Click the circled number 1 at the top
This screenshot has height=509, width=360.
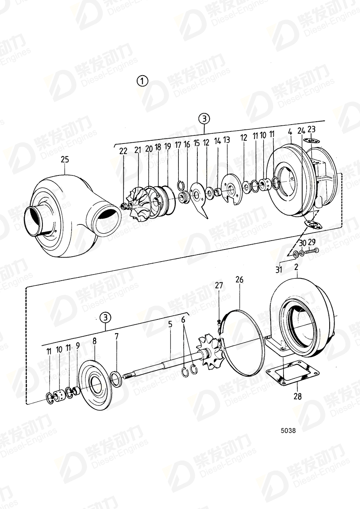pyautogui.click(x=142, y=81)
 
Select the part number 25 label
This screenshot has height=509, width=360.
pyautogui.click(x=65, y=160)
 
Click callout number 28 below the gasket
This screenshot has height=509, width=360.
pyautogui.click(x=297, y=397)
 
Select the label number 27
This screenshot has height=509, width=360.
pyautogui.click(x=219, y=285)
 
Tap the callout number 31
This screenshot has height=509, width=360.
pyautogui.click(x=279, y=270)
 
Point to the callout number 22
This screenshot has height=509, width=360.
pyautogui.click(x=123, y=151)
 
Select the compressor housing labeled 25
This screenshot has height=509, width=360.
pyautogui.click(x=65, y=214)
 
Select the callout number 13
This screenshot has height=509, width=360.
pyautogui.click(x=226, y=140)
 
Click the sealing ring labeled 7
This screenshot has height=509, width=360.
pyautogui.click(x=116, y=380)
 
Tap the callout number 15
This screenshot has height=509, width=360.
pyautogui.click(x=197, y=143)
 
